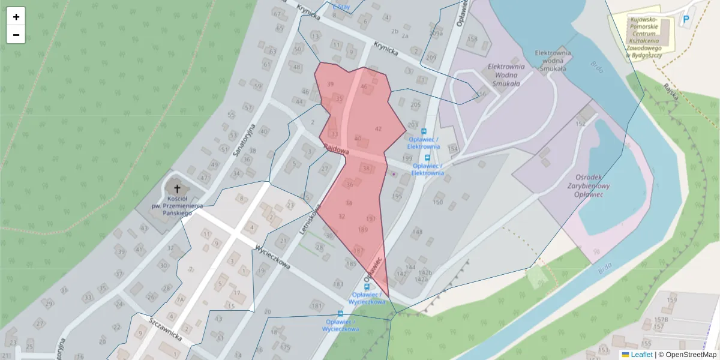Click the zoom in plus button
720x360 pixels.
[16, 17]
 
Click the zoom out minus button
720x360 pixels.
[16, 35]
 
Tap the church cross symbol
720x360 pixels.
[177, 189]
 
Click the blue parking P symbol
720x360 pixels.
[685, 20]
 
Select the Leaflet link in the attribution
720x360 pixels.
[638, 355]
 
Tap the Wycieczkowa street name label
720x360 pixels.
[272, 256]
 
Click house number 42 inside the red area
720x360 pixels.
[378, 129]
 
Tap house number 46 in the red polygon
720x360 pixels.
[364, 87]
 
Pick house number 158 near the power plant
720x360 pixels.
[473, 39]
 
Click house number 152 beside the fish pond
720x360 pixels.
[580, 124]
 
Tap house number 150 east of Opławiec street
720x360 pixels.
[438, 202]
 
